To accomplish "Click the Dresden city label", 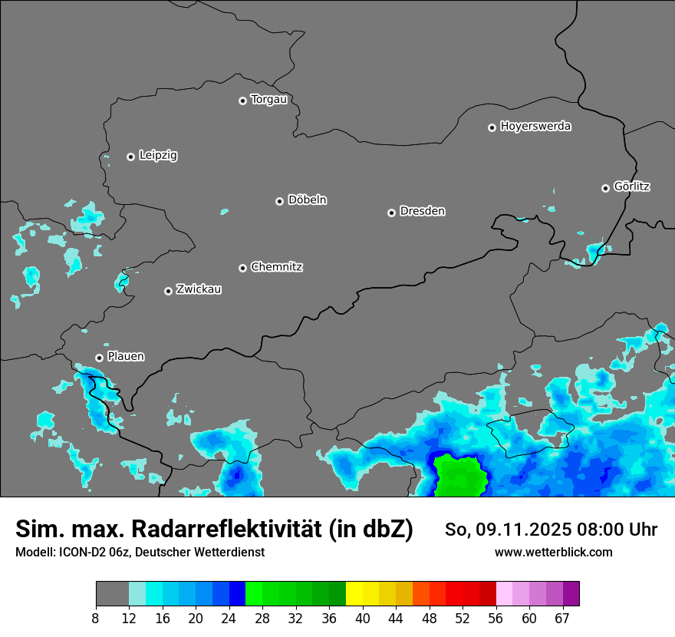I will [422, 211].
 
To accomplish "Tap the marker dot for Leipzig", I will [130, 157].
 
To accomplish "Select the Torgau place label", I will [268, 100].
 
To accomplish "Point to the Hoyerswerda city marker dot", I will [492, 127].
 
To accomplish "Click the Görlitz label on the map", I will [632, 186].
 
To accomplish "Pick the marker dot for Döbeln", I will [279, 201].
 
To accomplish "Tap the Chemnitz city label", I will [276, 267].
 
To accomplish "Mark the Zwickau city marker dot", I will [168, 291].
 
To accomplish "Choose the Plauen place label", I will [126, 357].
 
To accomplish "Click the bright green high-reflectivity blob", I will [460, 476].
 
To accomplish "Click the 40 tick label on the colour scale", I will [362, 619].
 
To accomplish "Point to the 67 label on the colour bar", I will [562, 619].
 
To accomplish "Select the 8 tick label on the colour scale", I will [96, 619].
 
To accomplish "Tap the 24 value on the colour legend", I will [229, 619].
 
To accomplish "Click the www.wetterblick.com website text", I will [554, 552].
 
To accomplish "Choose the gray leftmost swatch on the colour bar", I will [112, 594].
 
